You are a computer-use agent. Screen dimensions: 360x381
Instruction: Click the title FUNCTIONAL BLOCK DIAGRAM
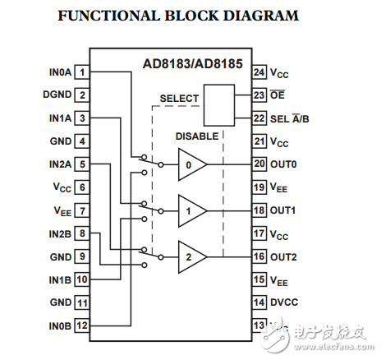(x=178, y=16)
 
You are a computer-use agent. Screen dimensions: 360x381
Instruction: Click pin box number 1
(x=83, y=72)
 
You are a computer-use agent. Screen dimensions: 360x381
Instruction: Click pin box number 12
(x=83, y=325)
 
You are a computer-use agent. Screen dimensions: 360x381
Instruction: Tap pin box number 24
(x=259, y=72)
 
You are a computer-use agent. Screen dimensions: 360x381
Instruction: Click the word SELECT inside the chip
(x=179, y=99)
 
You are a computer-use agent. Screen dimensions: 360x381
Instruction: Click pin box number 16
(x=259, y=256)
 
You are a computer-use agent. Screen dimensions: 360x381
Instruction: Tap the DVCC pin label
(x=286, y=302)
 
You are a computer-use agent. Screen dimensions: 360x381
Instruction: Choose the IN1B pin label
(x=59, y=279)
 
